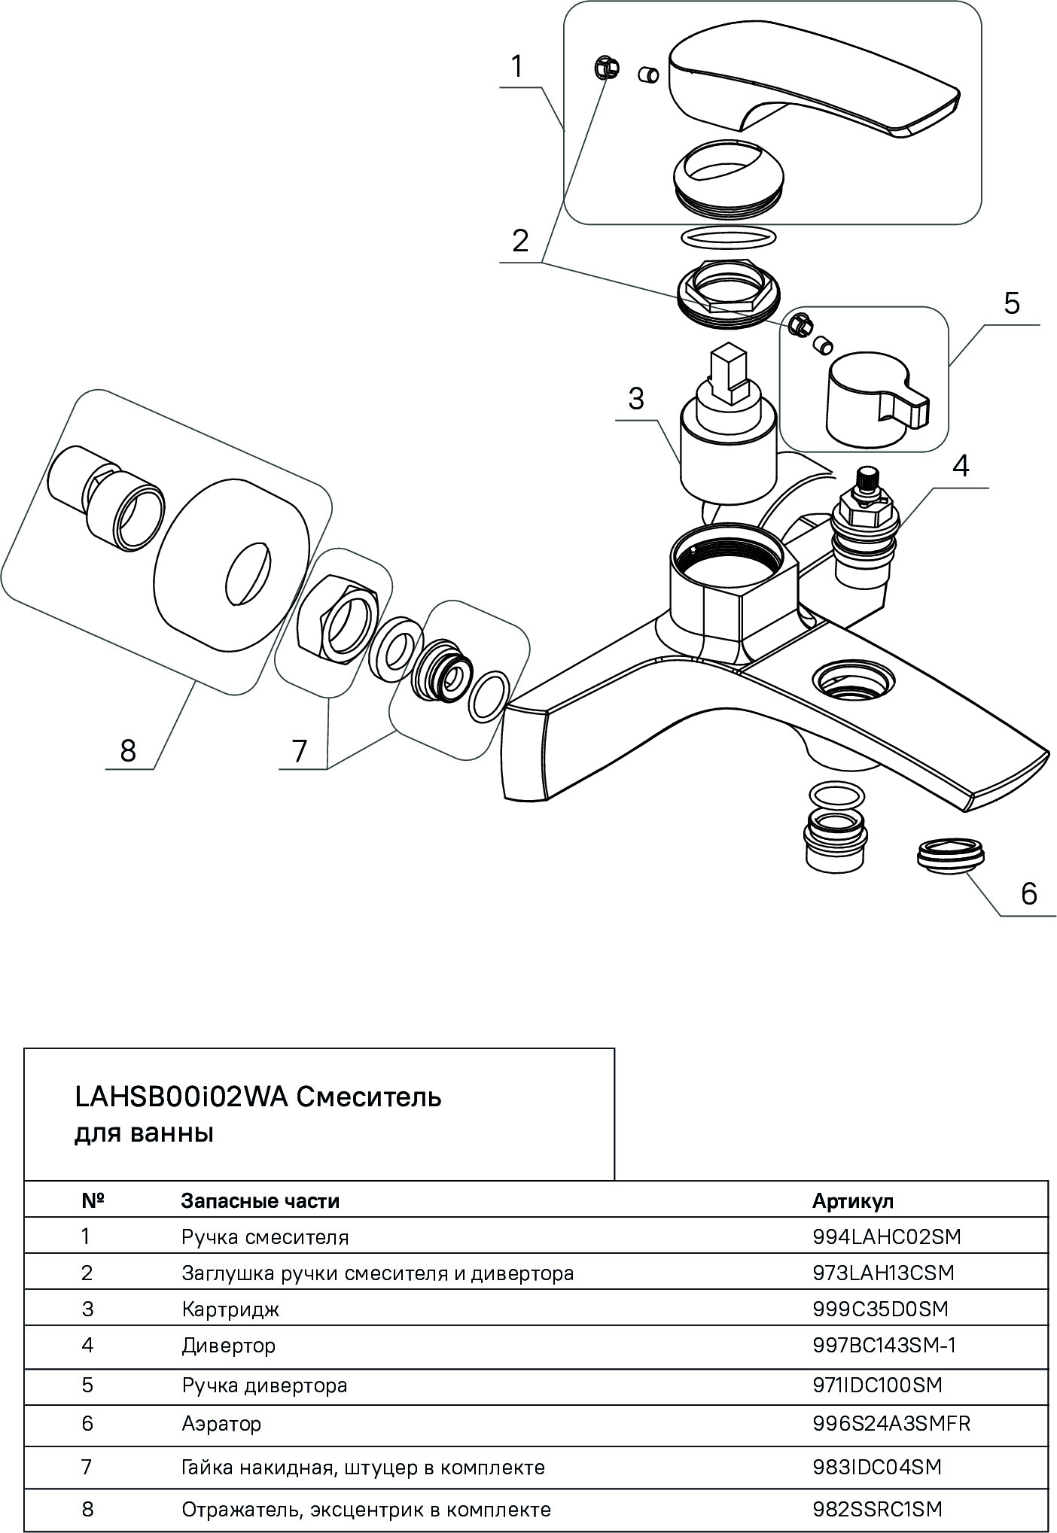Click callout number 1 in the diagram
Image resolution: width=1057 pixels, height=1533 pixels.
pos(516,67)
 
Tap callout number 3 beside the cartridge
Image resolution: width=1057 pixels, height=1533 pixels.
pos(636,398)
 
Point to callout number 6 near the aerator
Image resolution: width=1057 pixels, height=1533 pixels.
pos(1028,893)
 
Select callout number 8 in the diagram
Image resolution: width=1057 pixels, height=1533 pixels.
pos(128,750)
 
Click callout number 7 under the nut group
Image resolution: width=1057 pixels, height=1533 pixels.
pos(300,750)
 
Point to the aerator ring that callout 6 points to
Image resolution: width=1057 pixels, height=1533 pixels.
pos(951,856)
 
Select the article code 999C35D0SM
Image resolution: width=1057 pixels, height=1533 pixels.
pos(880,1309)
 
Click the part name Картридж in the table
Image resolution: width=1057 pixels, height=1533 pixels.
pos(230,1309)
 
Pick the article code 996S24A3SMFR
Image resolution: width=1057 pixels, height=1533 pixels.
pos(891,1423)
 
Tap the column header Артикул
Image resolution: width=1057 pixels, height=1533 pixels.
pos(852,1200)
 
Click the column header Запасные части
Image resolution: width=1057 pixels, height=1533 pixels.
pos(260,1200)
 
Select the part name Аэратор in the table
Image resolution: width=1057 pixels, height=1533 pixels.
pos(221,1423)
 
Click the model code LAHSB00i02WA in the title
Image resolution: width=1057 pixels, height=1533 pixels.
pos(181,1097)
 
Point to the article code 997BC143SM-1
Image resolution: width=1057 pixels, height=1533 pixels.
pos(885,1345)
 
